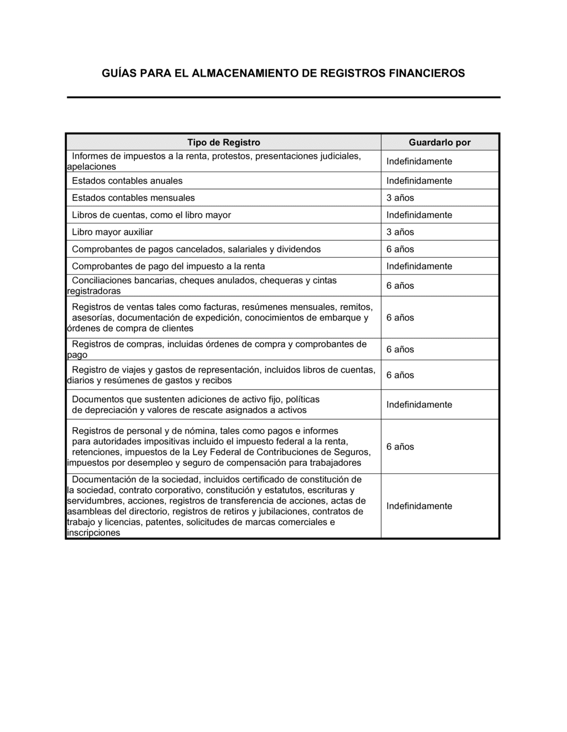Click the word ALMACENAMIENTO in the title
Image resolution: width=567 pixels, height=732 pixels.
248,73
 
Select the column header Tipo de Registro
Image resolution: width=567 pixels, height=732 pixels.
223,142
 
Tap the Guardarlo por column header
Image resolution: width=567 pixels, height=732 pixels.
439,142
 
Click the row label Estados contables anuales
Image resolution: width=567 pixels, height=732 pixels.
127,181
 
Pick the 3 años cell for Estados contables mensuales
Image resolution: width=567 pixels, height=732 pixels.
400,198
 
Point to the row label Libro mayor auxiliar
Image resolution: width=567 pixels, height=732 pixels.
112,232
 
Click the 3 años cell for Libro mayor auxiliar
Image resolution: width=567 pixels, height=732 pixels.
400,232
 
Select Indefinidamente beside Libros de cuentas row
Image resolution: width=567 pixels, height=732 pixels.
419,215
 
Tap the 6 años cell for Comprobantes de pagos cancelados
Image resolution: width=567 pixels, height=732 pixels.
400,249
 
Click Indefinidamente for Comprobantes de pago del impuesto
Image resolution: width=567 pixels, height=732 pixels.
419,266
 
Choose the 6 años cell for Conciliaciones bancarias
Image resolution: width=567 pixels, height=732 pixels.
400,285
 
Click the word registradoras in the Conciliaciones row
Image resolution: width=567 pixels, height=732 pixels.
94,291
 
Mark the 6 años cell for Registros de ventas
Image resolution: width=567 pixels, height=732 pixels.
400,318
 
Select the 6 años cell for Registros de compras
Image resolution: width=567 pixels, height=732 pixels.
400,350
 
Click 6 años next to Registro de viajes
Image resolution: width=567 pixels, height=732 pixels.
400,375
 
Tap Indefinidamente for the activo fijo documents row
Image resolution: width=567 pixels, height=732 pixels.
419,405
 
